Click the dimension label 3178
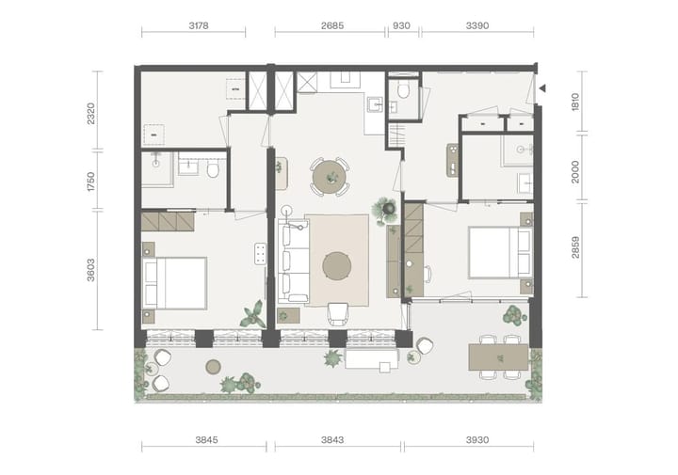pyautogui.click(x=199, y=25)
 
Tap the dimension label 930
pyautogui.click(x=401, y=25)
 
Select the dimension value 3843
pyautogui.click(x=332, y=439)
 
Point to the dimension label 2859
pyautogui.click(x=575, y=247)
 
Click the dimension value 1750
pyautogui.click(x=90, y=182)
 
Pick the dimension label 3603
pyautogui.click(x=90, y=270)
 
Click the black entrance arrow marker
pyautogui.click(x=542, y=88)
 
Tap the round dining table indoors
pyautogui.click(x=330, y=177)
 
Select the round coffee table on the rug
pyautogui.click(x=337, y=266)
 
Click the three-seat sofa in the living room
pyautogui.click(x=293, y=261)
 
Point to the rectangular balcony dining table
pyautogui.click(x=498, y=357)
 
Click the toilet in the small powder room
pyautogui.click(x=403, y=90)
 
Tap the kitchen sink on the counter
pyautogui.click(x=376, y=104)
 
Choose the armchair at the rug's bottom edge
pyautogui.click(x=338, y=314)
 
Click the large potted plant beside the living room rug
pyautogui.click(x=384, y=211)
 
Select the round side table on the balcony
pyautogui.click(x=213, y=367)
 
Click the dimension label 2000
pyautogui.click(x=575, y=171)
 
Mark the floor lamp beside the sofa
pyautogui.click(x=286, y=211)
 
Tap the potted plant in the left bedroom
pyautogui.click(x=253, y=315)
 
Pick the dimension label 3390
pyautogui.click(x=477, y=25)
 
